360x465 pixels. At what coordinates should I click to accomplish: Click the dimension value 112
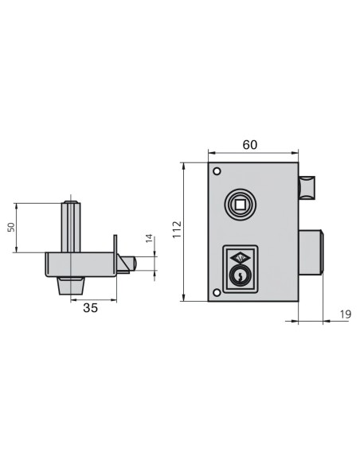click(x=177, y=230)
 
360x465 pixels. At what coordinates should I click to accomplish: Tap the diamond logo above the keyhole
click(x=239, y=257)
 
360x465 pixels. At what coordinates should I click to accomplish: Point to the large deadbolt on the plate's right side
click(x=311, y=253)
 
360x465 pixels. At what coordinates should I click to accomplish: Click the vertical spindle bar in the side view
click(x=71, y=227)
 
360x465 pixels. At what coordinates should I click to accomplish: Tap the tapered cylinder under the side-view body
click(x=70, y=285)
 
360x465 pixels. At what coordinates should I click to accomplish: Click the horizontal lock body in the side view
click(x=80, y=264)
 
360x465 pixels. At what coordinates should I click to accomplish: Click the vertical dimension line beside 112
click(x=185, y=230)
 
